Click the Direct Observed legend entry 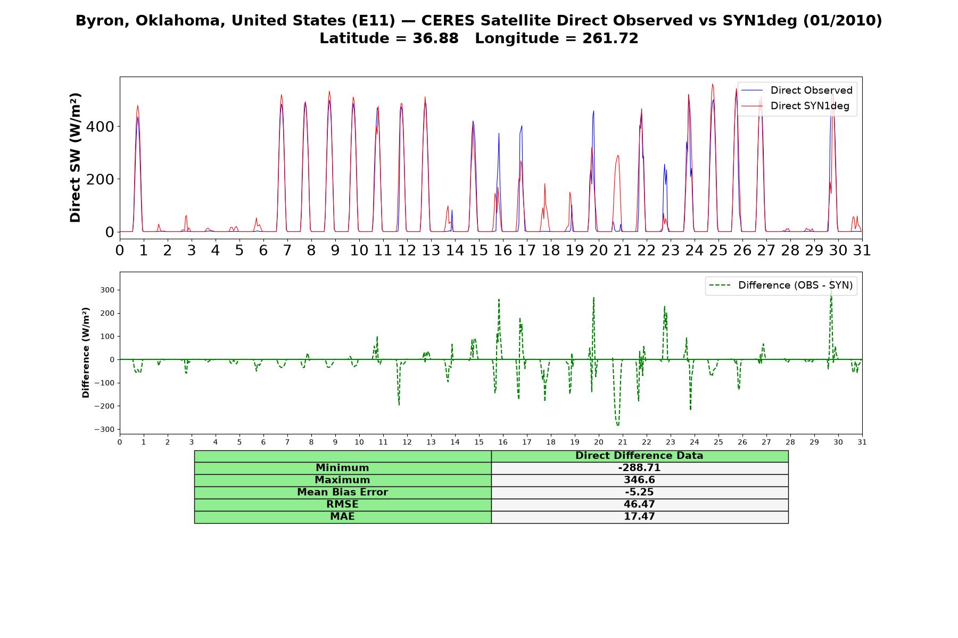pyautogui.click(x=797, y=90)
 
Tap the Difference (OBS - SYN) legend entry pyautogui.click(x=781, y=286)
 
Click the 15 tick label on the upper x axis pyautogui.click(x=479, y=250)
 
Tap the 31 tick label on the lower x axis pyautogui.click(x=862, y=442)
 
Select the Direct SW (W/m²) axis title pyautogui.click(x=75, y=157)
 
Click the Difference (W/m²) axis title pyautogui.click(x=86, y=352)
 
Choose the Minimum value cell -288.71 pyautogui.click(x=639, y=468)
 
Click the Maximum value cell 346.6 pyautogui.click(x=639, y=480)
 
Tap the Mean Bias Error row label pyautogui.click(x=342, y=492)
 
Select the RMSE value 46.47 pyautogui.click(x=639, y=505)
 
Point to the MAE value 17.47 pyautogui.click(x=639, y=517)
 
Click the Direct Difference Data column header pyautogui.click(x=639, y=456)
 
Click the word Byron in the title pyautogui.click(x=102, y=21)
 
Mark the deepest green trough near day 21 pyautogui.click(x=618, y=425)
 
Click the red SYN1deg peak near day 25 pyautogui.click(x=713, y=84)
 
